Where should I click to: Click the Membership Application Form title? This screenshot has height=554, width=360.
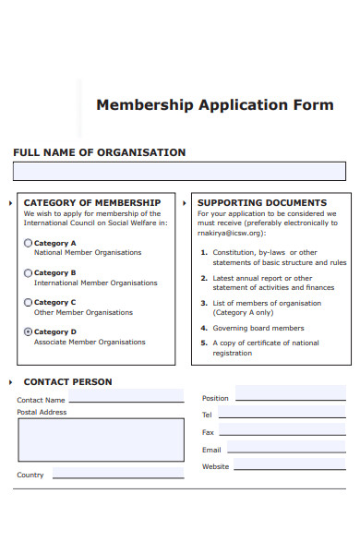click(x=214, y=104)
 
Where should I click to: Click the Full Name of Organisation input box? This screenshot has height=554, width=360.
click(x=179, y=171)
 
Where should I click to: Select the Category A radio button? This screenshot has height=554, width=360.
click(x=28, y=244)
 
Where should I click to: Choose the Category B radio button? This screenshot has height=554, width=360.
click(x=28, y=273)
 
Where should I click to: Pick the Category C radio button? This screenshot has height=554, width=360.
click(x=28, y=302)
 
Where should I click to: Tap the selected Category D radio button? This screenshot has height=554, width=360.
click(x=28, y=331)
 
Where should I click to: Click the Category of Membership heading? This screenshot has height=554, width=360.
click(x=91, y=202)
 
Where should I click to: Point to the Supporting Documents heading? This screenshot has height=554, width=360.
click(x=262, y=202)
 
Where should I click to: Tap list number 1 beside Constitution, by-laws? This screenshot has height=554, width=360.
click(x=203, y=253)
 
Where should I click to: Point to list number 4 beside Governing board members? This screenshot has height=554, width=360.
click(x=203, y=328)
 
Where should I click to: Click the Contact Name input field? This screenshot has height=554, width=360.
click(x=126, y=397)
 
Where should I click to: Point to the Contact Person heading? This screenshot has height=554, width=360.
click(x=67, y=381)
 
